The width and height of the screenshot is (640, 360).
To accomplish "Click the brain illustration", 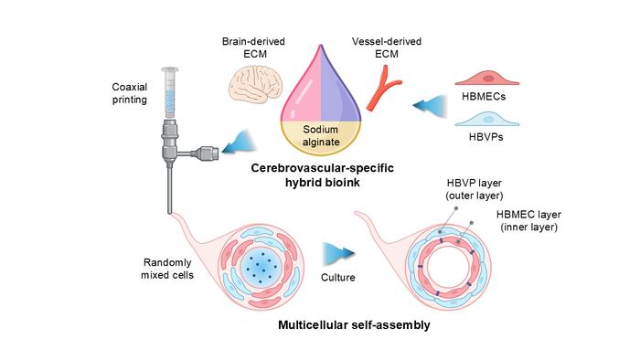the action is click(x=255, y=83).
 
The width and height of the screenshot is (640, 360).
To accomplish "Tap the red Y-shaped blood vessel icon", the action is click(x=384, y=88).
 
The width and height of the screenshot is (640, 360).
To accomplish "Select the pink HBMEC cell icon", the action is click(x=487, y=78).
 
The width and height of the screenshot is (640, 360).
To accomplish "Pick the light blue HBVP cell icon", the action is click(x=487, y=119).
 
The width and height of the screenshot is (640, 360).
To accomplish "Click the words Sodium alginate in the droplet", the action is click(x=321, y=136).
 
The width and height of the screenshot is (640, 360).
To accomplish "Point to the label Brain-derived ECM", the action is click(x=253, y=48).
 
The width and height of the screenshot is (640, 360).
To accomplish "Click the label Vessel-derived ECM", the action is click(x=387, y=48).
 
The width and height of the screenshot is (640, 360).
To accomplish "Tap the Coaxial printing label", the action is click(x=130, y=93).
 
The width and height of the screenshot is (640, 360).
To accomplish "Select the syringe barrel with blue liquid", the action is click(x=169, y=93).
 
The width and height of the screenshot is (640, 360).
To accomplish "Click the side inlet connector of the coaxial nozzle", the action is click(x=200, y=154).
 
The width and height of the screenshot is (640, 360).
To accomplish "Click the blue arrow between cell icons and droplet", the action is click(x=430, y=106).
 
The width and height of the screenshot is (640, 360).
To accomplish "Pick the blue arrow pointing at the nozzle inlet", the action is click(x=240, y=143).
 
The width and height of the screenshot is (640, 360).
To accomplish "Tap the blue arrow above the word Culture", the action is click(x=339, y=254).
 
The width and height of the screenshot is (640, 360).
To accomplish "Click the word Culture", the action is click(x=338, y=278).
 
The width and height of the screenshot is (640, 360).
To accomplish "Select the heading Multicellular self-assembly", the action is click(x=354, y=325).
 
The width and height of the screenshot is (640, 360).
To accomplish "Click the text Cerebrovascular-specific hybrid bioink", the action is click(x=323, y=175).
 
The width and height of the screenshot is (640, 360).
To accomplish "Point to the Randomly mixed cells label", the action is click(x=167, y=269).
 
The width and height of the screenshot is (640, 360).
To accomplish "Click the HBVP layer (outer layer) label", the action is click(x=474, y=189).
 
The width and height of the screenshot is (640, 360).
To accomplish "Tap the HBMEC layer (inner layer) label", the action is click(x=528, y=220).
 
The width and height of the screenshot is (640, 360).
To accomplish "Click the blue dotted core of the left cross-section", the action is click(x=259, y=267).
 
